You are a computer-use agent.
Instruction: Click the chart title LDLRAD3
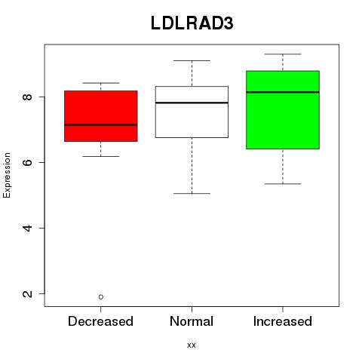click(192, 23)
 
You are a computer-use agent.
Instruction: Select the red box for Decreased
click(101, 116)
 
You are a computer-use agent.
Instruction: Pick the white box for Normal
click(192, 112)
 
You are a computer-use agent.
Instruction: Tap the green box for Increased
click(283, 110)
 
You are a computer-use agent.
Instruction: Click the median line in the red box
click(101, 124)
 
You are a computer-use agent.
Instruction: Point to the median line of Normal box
click(192, 103)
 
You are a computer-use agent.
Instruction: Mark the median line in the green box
click(283, 92)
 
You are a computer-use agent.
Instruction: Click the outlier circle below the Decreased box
click(101, 297)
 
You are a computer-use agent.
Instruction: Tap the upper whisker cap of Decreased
click(101, 83)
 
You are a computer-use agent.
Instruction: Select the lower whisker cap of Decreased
click(101, 156)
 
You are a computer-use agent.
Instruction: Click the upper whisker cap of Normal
click(192, 60)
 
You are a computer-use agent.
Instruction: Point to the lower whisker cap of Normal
click(192, 193)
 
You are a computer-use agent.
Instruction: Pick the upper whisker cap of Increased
click(283, 54)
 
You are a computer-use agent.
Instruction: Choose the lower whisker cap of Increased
click(283, 184)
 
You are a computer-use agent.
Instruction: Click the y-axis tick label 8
click(27, 97)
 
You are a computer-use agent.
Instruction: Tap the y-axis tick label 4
click(27, 228)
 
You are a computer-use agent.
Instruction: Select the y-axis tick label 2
click(27, 293)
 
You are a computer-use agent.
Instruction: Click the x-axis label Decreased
click(100, 321)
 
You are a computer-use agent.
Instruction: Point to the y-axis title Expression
click(7, 175)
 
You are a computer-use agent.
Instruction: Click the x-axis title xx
click(192, 345)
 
